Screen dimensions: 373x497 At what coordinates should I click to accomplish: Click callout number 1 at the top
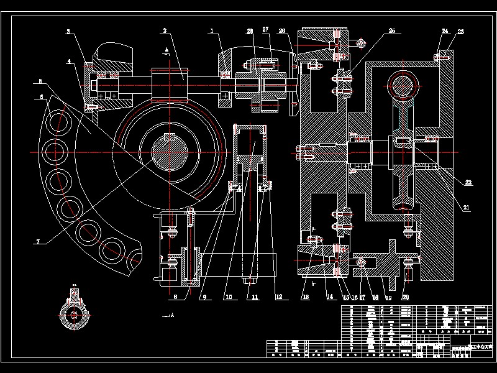coord(211,30)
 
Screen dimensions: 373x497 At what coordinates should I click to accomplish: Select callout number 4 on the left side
coord(69,62)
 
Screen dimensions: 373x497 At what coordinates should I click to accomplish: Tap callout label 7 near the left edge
coord(37,242)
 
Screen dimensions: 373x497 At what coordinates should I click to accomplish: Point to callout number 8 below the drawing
coord(176,297)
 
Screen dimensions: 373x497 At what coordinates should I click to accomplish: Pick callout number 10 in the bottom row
coord(228,297)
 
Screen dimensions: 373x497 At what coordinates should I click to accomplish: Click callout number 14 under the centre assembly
coord(330,297)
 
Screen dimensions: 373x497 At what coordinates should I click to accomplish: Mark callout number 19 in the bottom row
coord(388,297)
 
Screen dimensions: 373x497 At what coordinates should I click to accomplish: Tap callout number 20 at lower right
coord(405,297)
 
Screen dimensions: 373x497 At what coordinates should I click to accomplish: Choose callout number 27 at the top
coord(265,29)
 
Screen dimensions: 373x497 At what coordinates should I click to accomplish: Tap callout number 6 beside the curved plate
coord(42,97)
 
